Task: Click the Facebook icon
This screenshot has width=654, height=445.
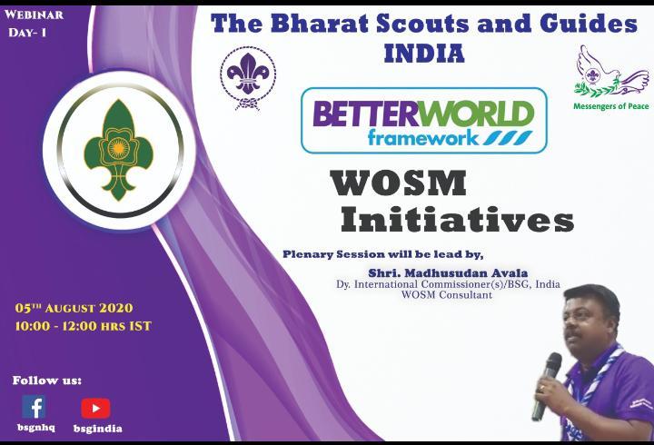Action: point(34,407)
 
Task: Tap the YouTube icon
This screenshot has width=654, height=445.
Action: point(95,408)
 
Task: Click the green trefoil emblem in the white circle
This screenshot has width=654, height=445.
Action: point(114,150)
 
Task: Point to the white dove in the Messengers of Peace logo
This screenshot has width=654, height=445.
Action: point(597,65)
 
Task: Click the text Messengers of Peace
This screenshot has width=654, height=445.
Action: point(606,105)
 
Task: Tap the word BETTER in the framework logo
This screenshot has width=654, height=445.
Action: point(357,115)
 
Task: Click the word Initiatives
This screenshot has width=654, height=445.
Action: point(456,220)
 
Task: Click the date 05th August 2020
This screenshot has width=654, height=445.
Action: point(74,309)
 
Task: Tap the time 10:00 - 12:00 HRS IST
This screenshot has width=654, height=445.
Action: point(83,325)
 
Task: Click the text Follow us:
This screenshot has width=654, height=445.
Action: point(47,380)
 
